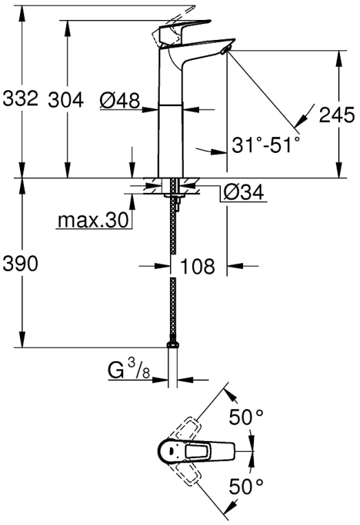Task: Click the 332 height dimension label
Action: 21,99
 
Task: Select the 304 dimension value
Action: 66,100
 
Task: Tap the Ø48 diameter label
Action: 120,100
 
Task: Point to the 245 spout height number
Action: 337,115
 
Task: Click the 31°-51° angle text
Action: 266,145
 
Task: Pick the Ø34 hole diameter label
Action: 244,192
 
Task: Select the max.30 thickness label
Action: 93,220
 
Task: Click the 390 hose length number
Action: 21,263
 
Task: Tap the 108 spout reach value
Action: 198,266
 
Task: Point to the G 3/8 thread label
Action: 129,370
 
